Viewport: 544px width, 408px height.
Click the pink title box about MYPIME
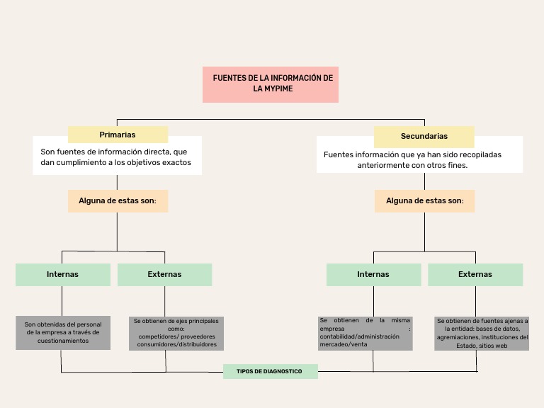271,84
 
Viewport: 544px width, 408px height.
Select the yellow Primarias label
118,135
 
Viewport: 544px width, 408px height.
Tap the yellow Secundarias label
424,136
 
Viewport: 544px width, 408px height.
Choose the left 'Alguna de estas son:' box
118,200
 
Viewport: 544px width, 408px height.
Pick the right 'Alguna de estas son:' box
424,200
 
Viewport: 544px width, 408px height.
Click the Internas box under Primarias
62,274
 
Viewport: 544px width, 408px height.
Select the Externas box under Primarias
164,274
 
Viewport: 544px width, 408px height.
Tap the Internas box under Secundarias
373,274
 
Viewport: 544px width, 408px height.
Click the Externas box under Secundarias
475,274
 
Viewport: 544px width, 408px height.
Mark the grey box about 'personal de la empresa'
63,332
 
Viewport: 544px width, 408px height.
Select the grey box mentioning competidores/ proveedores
177,333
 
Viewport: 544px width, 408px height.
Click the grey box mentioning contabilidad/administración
365,333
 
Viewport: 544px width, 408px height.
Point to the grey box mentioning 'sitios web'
482,333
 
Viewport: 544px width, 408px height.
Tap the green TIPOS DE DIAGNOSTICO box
270,371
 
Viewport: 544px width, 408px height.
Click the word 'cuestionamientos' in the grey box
63,341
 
